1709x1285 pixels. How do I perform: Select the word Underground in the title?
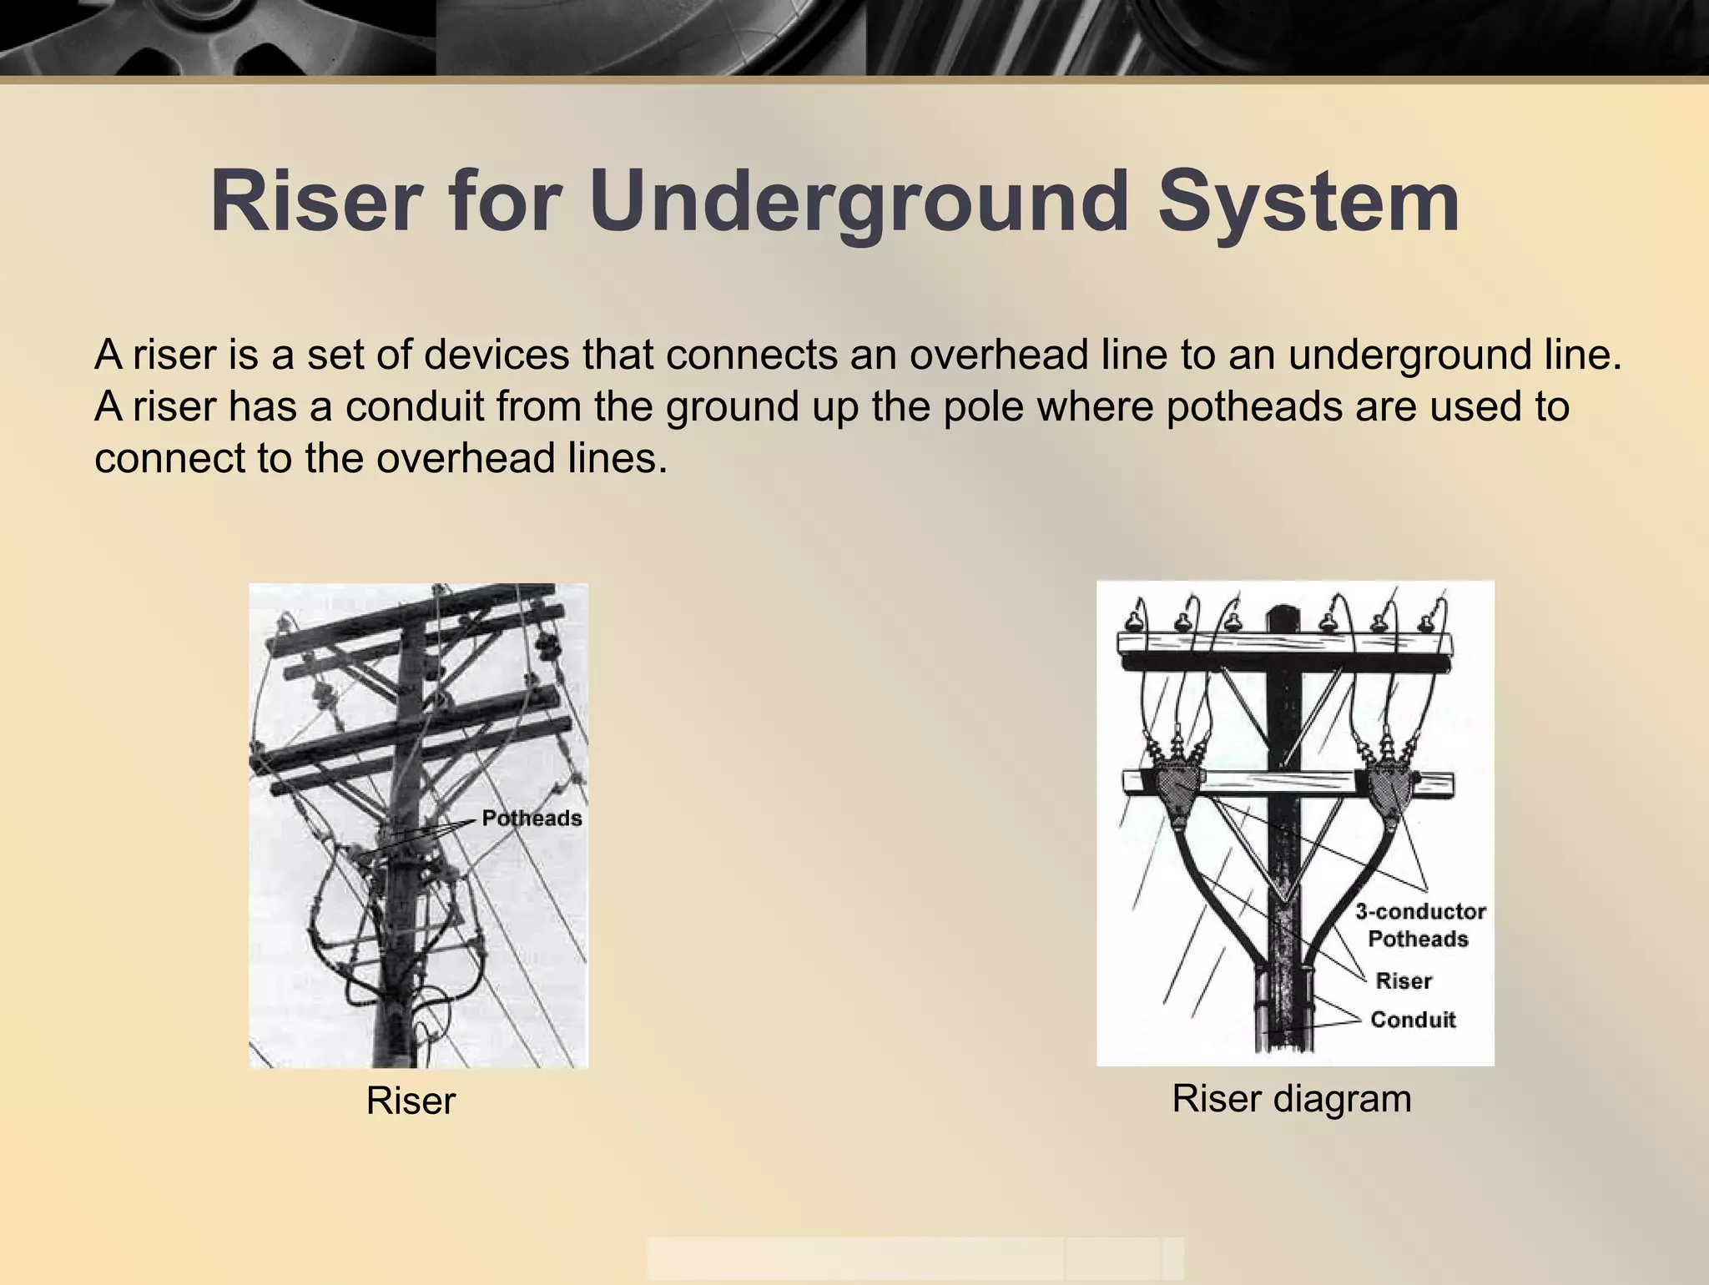(860, 202)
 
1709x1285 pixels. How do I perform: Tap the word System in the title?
(1308, 202)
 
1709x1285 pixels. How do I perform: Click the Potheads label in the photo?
(532, 819)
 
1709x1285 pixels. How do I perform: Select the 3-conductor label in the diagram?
(1420, 911)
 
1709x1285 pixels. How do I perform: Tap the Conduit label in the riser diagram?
(1413, 1020)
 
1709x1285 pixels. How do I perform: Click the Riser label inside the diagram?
(1404, 981)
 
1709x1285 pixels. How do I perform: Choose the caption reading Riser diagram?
(1292, 1099)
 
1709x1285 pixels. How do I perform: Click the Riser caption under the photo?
(411, 1101)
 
